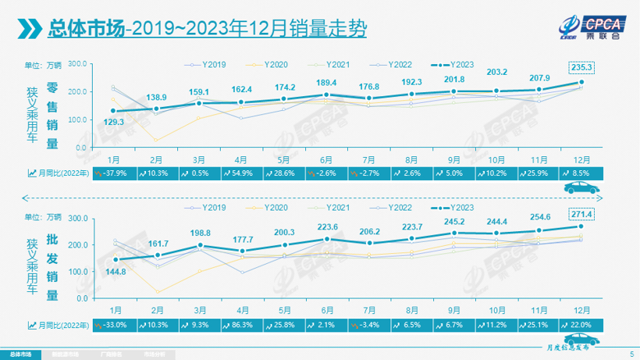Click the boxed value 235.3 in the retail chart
(581, 68)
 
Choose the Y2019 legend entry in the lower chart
(208, 208)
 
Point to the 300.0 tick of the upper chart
(76, 64)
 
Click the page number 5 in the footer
(631, 355)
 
